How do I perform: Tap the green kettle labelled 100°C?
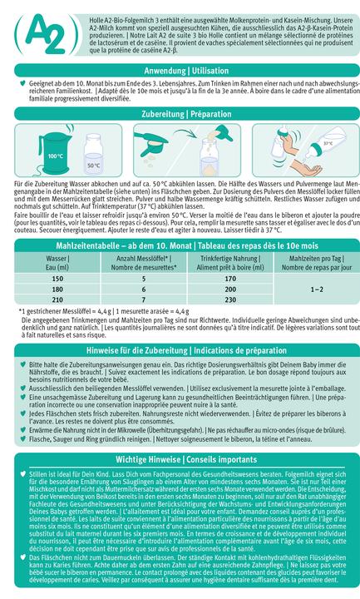click(x=56, y=150)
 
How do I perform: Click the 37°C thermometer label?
click(x=328, y=143)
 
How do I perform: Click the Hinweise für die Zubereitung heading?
click(x=180, y=352)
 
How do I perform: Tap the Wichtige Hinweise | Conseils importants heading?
click(x=180, y=458)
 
